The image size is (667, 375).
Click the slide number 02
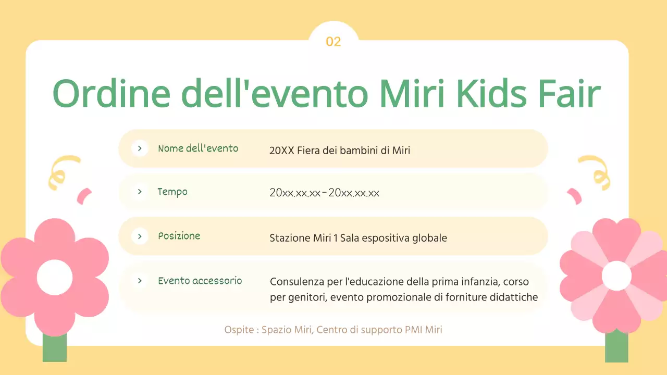tap(333, 42)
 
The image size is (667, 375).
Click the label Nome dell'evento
tap(198, 148)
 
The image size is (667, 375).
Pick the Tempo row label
tap(172, 192)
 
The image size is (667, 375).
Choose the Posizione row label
tap(179, 236)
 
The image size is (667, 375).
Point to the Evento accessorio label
tap(200, 281)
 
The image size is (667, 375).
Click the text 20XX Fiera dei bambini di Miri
tap(340, 151)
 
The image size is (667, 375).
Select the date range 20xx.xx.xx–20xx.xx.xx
tap(324, 193)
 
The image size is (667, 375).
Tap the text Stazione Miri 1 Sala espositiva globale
tap(358, 238)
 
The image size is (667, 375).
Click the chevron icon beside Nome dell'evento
tap(140, 148)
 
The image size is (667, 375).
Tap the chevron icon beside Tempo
tap(140, 192)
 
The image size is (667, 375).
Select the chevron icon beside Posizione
tap(140, 236)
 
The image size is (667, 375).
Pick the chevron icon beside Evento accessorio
tap(140, 281)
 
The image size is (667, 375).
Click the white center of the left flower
tap(55, 277)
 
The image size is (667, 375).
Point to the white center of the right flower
tap(616, 276)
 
